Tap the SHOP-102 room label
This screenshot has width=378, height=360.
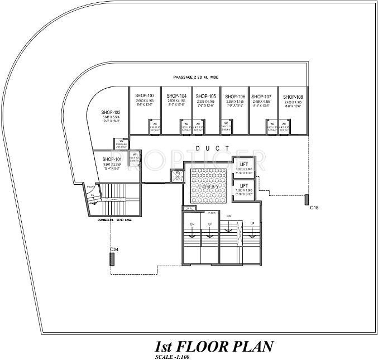point(111,112)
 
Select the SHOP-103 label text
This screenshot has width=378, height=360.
point(145,96)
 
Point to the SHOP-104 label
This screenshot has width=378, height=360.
point(176,96)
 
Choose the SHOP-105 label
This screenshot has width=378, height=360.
point(205,96)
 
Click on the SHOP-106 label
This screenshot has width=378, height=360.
point(235,96)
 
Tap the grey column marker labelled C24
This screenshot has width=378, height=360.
point(112,259)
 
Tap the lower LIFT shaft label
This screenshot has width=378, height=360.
point(243,185)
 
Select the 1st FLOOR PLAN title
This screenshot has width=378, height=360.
point(213,345)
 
